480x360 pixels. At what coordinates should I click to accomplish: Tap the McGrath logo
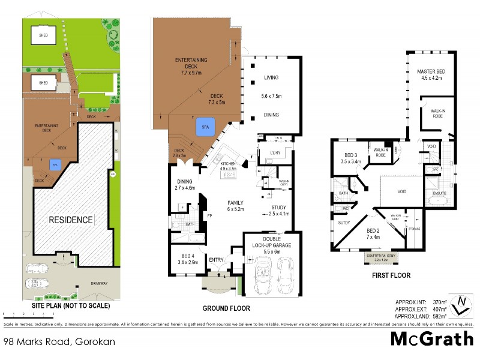pyautogui.click(x=431, y=338)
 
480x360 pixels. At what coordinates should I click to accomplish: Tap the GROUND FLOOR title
pyautogui.click(x=226, y=308)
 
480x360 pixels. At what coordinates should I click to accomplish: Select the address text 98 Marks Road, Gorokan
pyautogui.click(x=59, y=341)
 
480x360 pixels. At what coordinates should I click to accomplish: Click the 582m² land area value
pyautogui.click(x=441, y=316)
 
